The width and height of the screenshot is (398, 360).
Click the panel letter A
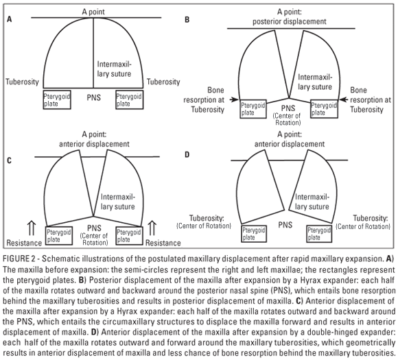coord(10,19)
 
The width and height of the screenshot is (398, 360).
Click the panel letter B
coord(187,19)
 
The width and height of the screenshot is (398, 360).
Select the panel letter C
coord(10,160)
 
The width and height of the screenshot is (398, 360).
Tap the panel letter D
coord(187,154)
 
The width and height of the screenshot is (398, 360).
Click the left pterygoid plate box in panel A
coord(57,99)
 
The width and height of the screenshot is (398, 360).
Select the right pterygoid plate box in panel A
coord(130,99)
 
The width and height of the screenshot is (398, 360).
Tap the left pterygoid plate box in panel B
coord(253,109)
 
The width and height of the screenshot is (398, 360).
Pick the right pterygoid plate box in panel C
coord(129,236)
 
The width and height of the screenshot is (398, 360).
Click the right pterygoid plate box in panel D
coord(319,234)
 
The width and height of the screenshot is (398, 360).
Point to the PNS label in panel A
coord(93,97)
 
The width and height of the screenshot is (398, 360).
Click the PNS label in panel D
coord(285,225)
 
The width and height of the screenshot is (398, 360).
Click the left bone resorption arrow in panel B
coord(234,99)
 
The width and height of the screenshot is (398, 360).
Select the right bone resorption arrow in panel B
coord(344,99)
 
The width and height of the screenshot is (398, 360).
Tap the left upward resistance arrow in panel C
coord(32,228)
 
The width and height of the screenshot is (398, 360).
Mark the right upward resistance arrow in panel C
coord(152,228)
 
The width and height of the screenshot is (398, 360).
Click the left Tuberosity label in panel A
coord(22,82)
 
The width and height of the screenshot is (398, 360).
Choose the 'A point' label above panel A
coord(93,12)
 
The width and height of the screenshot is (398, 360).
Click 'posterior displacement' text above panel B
coord(290,21)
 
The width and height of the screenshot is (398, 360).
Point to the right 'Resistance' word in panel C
coord(163,243)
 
